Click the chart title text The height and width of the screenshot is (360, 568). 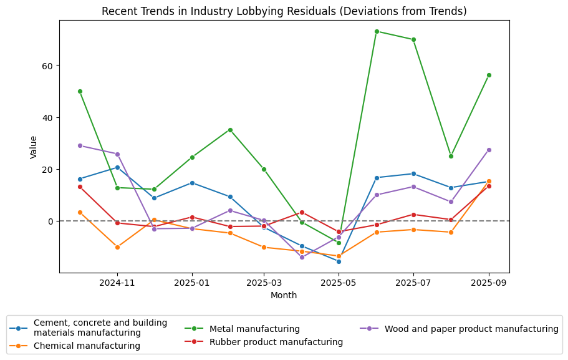(284, 11)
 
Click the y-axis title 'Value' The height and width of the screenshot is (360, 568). (34, 147)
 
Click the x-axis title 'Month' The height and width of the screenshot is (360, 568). (284, 296)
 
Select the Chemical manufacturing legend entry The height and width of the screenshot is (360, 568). (86, 346)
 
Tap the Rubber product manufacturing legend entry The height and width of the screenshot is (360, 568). (276, 342)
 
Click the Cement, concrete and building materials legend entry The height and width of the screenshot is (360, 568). (100, 328)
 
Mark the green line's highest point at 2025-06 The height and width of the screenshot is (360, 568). (377, 31)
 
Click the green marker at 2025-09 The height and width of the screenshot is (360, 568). (489, 75)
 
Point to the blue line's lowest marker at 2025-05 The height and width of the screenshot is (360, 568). (339, 261)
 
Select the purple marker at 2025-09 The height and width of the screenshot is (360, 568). (489, 150)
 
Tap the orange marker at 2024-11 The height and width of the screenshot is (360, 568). (117, 247)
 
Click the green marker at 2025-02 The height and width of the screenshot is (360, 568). (230, 130)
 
